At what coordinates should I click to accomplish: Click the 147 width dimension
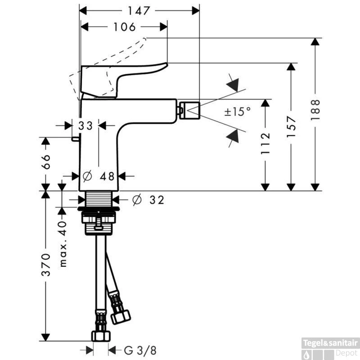tap(139, 11)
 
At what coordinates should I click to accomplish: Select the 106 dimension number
tap(125, 27)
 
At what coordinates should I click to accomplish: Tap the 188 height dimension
tap(315, 110)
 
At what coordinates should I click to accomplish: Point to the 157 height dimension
tap(291, 127)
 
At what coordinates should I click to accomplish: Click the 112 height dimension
tap(265, 144)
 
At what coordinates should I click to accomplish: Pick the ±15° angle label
tap(238, 112)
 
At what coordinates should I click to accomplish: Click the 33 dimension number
tap(85, 126)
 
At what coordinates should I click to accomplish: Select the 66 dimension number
tap(46, 162)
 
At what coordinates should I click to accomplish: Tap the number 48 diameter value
tap(107, 176)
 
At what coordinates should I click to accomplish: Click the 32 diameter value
tap(157, 200)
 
